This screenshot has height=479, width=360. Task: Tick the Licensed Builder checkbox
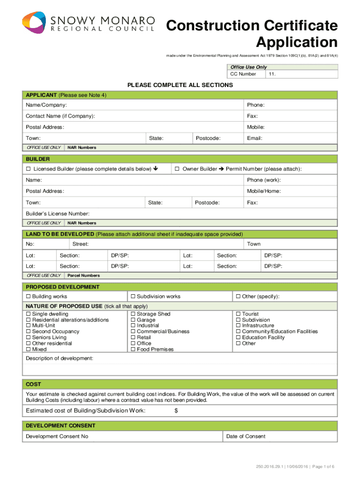point(28,169)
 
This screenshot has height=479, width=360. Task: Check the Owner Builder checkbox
point(177,169)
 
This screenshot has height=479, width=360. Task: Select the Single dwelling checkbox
point(28,314)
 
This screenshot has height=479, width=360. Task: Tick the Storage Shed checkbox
point(133,314)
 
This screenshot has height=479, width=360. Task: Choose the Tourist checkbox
point(238,314)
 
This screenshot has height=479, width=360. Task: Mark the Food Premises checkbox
point(133,349)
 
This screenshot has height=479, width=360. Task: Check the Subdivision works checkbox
point(133,297)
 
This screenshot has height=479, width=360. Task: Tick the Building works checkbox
point(28,297)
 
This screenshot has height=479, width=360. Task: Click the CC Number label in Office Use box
point(243,74)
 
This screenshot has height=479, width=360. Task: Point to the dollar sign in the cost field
point(176,411)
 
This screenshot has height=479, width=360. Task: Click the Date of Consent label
point(245,436)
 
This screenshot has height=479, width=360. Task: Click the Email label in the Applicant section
point(254,138)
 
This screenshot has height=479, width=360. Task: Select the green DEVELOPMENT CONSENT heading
point(61,426)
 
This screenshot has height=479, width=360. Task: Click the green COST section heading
point(34,384)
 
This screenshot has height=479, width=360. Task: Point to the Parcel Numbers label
point(84,276)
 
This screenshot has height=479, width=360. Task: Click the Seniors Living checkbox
point(28,337)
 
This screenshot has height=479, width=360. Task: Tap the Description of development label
point(59,358)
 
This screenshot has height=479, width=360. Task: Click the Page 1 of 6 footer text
point(321,467)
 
